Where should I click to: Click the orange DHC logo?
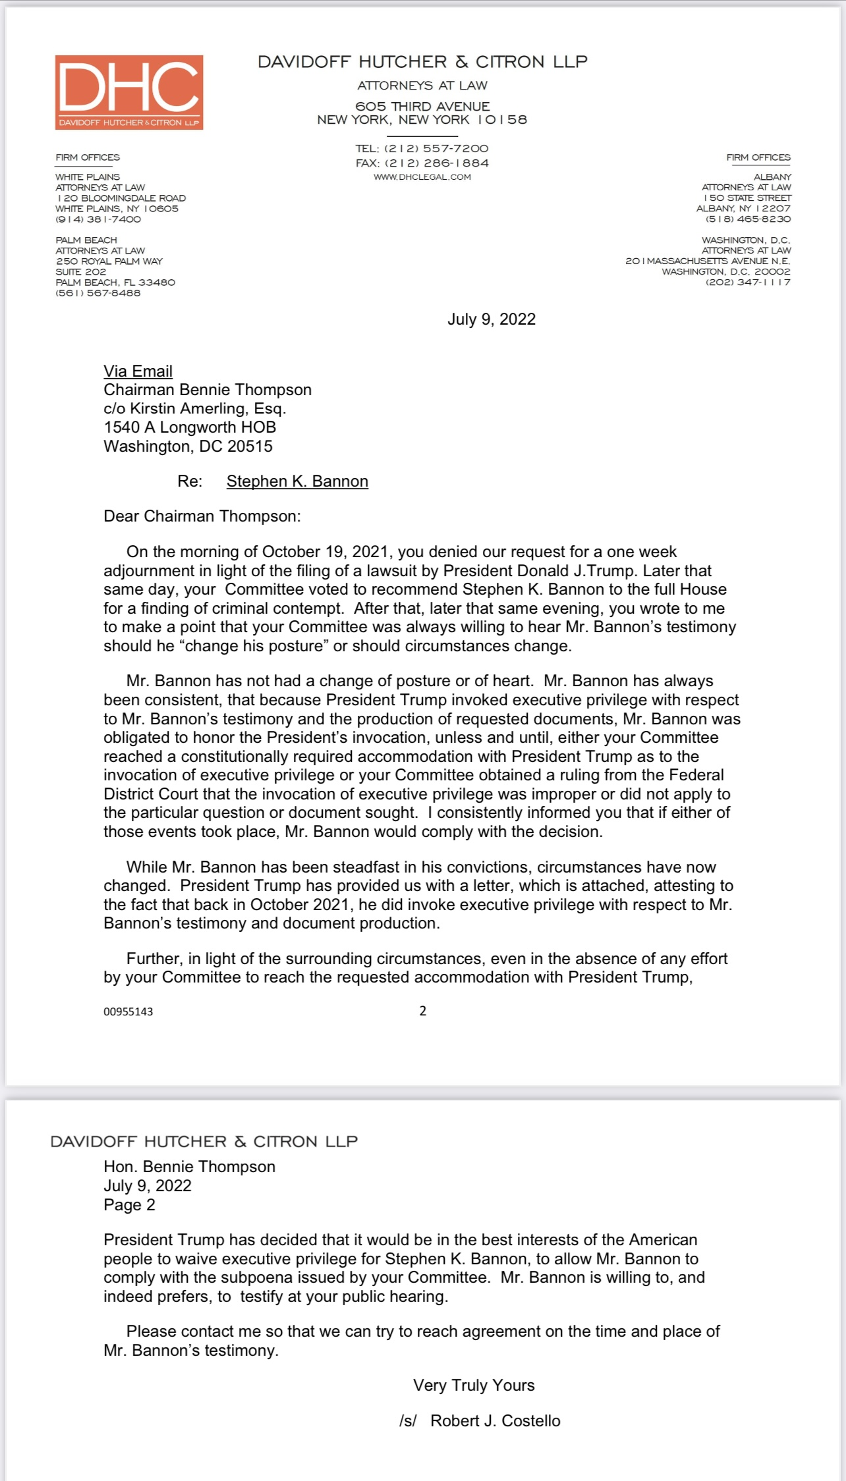point(129,92)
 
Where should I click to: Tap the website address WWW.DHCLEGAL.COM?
point(422,177)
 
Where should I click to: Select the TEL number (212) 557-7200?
point(436,149)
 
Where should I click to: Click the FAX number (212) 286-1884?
point(436,163)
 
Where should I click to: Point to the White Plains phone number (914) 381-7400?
point(98,219)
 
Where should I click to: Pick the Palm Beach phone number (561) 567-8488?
point(98,293)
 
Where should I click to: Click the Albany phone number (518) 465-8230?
point(748,219)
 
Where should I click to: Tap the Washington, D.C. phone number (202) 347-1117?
point(748,283)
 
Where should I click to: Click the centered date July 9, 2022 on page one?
point(492,319)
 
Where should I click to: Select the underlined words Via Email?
point(138,371)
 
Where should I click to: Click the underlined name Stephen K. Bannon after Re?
point(297,481)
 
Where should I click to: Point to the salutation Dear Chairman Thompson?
point(202,516)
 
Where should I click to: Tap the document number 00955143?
point(128,1011)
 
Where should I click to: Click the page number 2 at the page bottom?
point(423,1011)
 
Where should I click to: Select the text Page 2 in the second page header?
point(130,1205)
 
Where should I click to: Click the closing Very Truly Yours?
point(474,1386)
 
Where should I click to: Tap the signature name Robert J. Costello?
point(495,1421)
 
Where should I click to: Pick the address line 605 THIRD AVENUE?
point(422,107)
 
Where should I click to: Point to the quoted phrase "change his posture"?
point(253,646)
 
